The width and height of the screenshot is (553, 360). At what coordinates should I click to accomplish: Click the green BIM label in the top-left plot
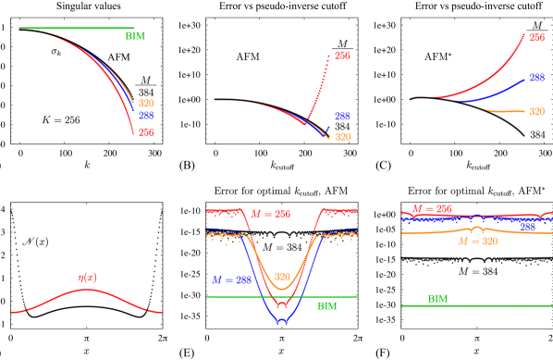click(x=135, y=36)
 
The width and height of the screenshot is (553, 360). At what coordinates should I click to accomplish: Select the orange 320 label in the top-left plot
click(x=146, y=103)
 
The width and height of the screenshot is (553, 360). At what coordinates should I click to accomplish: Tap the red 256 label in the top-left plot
click(x=146, y=132)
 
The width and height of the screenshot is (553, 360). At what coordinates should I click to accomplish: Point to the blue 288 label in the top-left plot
click(x=146, y=116)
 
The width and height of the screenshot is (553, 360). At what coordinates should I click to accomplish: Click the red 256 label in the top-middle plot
click(x=342, y=56)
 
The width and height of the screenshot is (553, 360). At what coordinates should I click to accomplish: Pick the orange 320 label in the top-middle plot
click(x=343, y=137)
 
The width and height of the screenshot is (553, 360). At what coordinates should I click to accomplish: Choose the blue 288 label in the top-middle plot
click(x=342, y=117)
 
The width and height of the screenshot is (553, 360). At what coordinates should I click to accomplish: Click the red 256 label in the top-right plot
click(x=537, y=38)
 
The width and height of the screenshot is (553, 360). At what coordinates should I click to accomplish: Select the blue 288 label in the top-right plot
click(x=537, y=79)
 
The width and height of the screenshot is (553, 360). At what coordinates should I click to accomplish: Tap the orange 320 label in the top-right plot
click(x=537, y=111)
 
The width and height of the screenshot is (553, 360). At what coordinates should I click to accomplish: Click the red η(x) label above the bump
click(x=89, y=277)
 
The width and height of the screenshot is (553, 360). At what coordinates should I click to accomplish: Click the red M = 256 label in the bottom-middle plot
click(x=270, y=214)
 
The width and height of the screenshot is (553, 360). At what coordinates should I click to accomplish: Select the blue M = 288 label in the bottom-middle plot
click(x=231, y=279)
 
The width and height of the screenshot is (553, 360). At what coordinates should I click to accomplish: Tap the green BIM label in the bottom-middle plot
click(x=327, y=305)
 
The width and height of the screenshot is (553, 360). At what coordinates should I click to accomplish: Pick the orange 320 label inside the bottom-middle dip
click(x=283, y=276)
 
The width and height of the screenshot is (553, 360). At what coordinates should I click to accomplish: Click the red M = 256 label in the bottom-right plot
click(x=432, y=209)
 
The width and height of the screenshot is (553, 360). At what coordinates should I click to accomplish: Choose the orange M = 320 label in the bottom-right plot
click(x=477, y=242)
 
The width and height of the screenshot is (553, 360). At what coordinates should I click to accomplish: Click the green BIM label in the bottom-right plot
click(x=437, y=299)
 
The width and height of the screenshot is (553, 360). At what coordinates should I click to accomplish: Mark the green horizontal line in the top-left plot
click(x=74, y=28)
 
